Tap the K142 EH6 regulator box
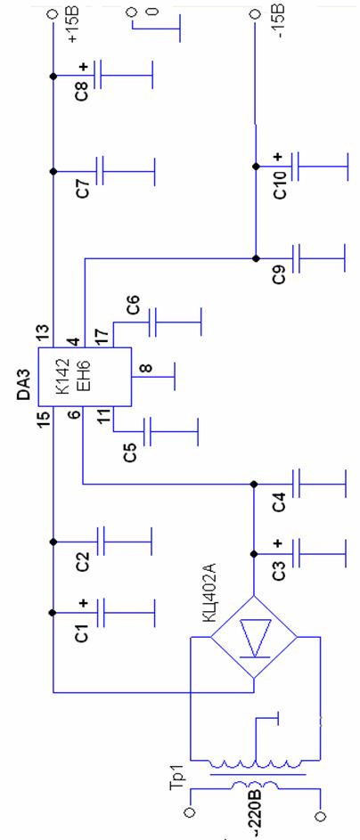[x=84, y=377]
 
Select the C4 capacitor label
[x=280, y=502]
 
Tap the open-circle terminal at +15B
[x=53, y=14]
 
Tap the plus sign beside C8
[x=83, y=67]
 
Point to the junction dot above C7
[x=53, y=171]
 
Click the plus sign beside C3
[x=277, y=543]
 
